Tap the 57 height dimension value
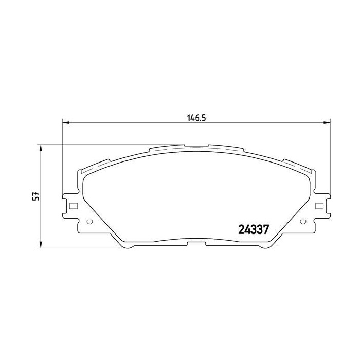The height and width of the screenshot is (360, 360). [35, 196]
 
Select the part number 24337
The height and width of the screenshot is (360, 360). [255, 230]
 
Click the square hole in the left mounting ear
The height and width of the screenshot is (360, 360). [73, 206]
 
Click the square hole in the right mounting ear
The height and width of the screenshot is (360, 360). [319, 206]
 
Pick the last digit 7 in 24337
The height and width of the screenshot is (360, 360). [267, 230]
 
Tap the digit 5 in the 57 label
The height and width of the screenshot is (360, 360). [35, 199]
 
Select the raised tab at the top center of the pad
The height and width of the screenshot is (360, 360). [196, 146]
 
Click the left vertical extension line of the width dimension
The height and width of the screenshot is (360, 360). [62, 154]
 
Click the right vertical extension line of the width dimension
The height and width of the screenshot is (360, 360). [330, 154]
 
